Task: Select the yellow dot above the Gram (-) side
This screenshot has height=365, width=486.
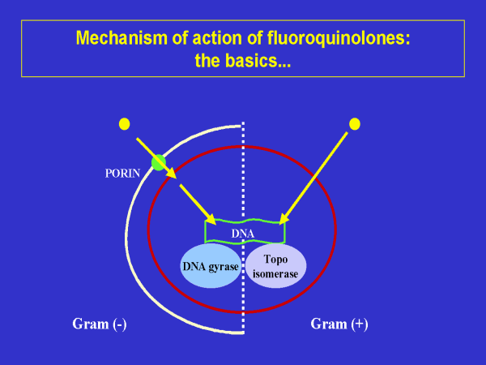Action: [x=124, y=123]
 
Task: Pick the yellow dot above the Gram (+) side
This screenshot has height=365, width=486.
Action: [x=353, y=123]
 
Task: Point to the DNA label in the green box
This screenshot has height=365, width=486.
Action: [x=242, y=234]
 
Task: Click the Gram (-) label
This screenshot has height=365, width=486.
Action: [x=100, y=324]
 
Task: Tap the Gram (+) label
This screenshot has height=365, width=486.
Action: [x=339, y=324]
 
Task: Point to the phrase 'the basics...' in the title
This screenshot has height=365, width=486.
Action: [x=243, y=60]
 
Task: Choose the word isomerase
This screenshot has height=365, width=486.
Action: [x=275, y=274]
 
